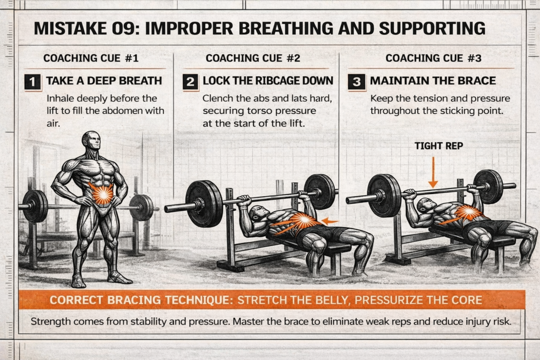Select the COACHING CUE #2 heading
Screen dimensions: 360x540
(253, 58)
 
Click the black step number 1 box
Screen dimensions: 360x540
(33, 81)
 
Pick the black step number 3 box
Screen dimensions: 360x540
(355, 81)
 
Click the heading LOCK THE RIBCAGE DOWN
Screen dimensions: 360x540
(268, 81)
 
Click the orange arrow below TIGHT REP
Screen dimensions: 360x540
(432, 171)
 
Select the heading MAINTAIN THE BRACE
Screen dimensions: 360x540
(432, 81)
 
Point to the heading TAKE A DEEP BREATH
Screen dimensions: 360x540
(104, 81)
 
